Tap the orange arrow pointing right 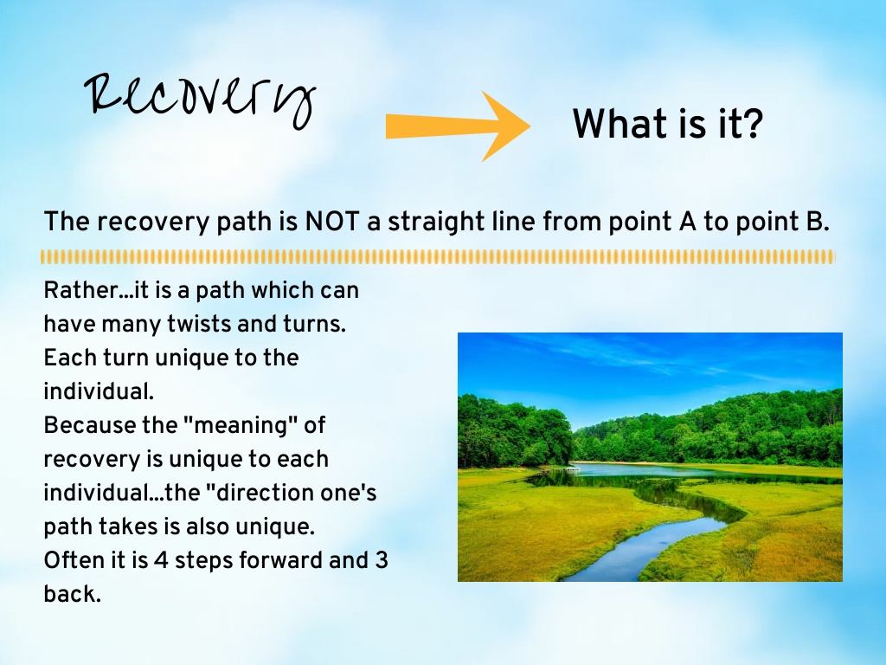[x=458, y=126]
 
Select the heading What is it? [x=668, y=124]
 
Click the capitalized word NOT [x=332, y=221]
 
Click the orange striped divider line [x=437, y=257]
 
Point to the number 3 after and [x=381, y=560]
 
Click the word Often [x=72, y=560]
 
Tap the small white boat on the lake [x=573, y=467]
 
